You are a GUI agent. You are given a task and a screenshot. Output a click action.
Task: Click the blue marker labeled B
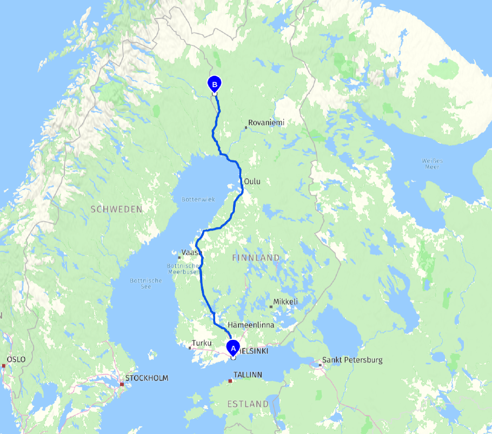coord(215,84)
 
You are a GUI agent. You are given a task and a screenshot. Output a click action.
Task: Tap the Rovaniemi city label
coord(266,123)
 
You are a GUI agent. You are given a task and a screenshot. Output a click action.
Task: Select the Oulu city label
coord(252,182)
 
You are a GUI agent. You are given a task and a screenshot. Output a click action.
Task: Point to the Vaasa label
coord(192,253)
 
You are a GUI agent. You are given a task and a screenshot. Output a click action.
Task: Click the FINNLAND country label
coord(256,258)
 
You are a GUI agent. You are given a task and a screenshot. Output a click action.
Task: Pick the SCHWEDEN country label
coord(116,209)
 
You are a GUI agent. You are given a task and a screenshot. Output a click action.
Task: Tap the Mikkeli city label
coord(285,301)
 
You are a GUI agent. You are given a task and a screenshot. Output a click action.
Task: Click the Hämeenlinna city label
coord(251,325)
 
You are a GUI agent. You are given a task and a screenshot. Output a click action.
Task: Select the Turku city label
coord(201,343)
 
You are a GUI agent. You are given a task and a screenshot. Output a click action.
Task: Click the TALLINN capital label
coord(248,374)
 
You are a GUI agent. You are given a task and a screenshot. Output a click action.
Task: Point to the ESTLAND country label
coord(248,404)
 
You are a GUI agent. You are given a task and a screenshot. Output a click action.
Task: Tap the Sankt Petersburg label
coord(352,360)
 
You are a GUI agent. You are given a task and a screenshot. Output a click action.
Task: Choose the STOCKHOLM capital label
coord(147,378)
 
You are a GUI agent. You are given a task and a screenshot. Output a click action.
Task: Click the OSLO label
coord(16,359)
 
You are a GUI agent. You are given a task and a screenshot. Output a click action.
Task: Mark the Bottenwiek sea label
coord(194,200)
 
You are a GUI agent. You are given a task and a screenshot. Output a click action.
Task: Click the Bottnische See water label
coord(146,283)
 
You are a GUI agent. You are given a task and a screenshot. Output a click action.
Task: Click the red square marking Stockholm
coord(122,384)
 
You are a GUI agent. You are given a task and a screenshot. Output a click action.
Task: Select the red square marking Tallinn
coord(230,381)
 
